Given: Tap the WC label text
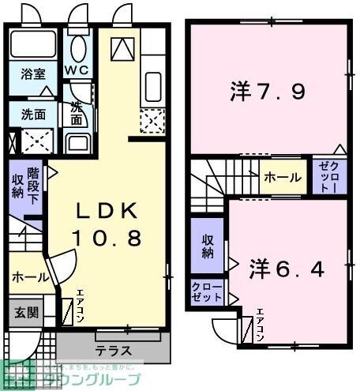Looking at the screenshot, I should point(77,69).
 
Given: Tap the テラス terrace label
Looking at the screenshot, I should point(113,348).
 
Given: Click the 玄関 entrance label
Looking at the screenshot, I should point(24,311).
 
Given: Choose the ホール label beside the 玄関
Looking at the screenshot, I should point(28,278).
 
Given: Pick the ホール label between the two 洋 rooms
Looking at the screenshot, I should point(282,178).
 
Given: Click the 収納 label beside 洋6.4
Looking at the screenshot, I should point(208,246).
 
